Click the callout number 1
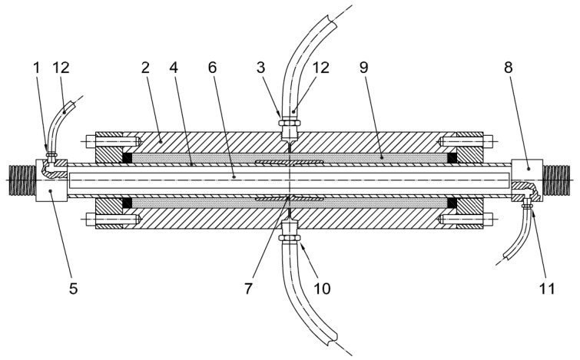[x=36, y=68]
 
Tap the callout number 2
[x=145, y=68]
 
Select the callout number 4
[x=174, y=68]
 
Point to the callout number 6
[x=212, y=68]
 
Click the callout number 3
[x=260, y=68]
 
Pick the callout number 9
[x=364, y=68]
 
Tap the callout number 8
[x=509, y=68]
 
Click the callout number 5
[x=73, y=289]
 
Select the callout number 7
[x=248, y=289]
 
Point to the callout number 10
[x=322, y=289]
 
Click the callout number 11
[x=547, y=289]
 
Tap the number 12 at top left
[x=61, y=68]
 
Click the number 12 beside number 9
[x=320, y=68]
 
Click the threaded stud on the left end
[x=22, y=180]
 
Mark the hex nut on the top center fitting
[x=290, y=122]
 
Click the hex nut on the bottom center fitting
[x=290, y=236]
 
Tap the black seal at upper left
[x=128, y=158]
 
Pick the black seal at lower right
[x=452, y=202]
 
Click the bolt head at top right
[x=488, y=140]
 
